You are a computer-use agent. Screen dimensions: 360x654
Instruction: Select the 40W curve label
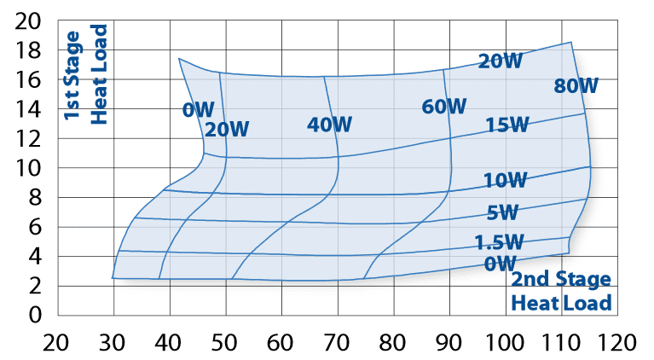click(x=330, y=125)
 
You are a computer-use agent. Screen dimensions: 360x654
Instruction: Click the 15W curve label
click(x=508, y=125)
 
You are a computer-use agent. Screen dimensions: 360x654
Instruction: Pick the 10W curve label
click(x=506, y=180)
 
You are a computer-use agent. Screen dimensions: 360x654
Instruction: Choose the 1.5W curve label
click(x=500, y=242)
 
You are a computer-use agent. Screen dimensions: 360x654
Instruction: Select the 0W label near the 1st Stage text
click(x=198, y=109)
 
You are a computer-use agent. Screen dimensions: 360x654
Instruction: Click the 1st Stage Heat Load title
click(x=87, y=78)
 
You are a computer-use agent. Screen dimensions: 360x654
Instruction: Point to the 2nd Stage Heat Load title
click(x=561, y=291)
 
